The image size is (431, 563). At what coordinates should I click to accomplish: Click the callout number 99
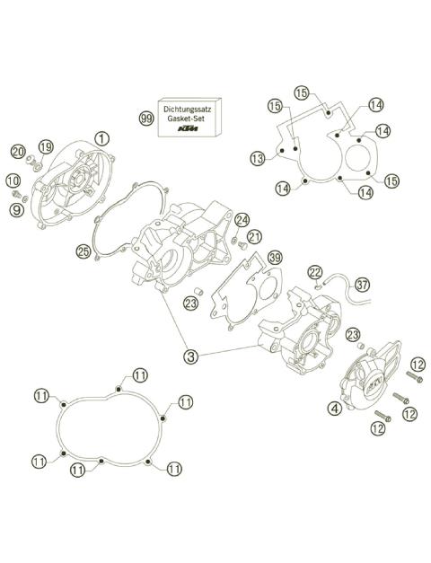point(145,119)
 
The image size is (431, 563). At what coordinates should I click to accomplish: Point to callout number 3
point(190,356)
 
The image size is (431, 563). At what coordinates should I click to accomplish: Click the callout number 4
point(334,407)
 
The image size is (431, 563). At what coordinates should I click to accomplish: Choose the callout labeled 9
point(16,210)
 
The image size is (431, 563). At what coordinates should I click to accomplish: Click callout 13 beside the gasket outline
point(258,159)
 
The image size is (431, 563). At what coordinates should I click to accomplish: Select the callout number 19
point(46,146)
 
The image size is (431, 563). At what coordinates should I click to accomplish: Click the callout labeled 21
point(254,237)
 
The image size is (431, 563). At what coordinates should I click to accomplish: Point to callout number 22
point(315,272)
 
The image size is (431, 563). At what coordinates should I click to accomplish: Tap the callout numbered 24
point(242,219)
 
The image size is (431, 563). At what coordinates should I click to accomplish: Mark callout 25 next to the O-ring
point(84,253)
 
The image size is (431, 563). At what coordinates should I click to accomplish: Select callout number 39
point(275,258)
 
